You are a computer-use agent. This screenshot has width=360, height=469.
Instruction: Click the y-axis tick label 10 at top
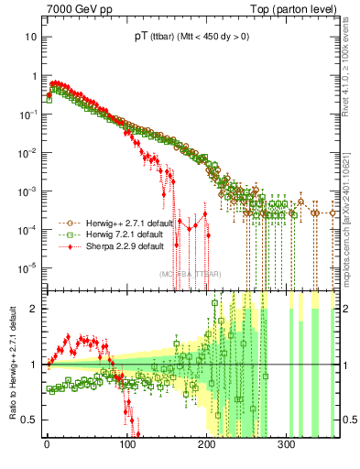tap(31, 38)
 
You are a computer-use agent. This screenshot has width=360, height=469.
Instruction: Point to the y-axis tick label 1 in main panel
tap(34, 76)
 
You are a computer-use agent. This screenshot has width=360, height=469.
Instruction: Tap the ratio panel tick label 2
tap(34, 309)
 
